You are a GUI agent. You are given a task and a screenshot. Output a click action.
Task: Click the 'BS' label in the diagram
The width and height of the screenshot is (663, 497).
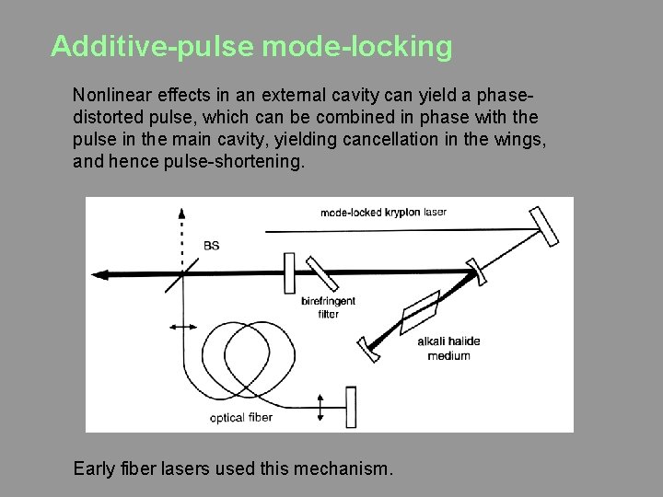(x=211, y=246)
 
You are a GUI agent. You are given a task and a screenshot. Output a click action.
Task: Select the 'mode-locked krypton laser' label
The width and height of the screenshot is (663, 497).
(x=383, y=213)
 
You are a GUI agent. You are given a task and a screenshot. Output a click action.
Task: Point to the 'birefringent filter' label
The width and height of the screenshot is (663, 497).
(x=328, y=307)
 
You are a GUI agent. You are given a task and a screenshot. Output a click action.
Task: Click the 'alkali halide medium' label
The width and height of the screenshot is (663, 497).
(x=448, y=348)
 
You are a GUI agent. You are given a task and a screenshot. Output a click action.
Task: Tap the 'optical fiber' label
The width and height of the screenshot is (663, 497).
(x=241, y=418)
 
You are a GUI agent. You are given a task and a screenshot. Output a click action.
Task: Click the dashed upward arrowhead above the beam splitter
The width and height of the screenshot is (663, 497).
(x=182, y=209)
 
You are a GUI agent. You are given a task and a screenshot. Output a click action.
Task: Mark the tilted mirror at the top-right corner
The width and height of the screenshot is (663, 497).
(x=543, y=226)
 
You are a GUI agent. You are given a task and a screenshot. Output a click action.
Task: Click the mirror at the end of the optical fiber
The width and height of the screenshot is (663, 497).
(x=350, y=406)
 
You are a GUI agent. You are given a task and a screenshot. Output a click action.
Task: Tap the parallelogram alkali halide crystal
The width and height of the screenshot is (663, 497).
(x=421, y=312)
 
